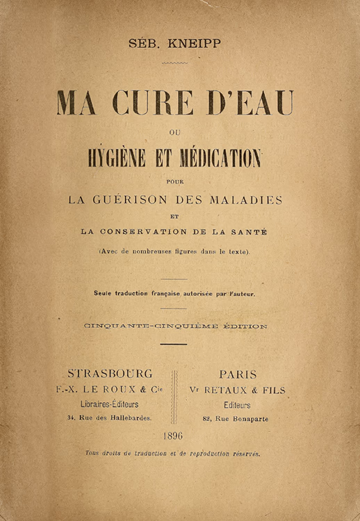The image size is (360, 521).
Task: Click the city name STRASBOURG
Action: click(111, 373)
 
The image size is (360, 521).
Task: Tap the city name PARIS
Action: click(238, 373)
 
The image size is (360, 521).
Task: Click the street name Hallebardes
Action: click(128, 418)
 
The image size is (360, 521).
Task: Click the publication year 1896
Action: click(173, 436)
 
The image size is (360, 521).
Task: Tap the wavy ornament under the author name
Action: click(174, 63)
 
